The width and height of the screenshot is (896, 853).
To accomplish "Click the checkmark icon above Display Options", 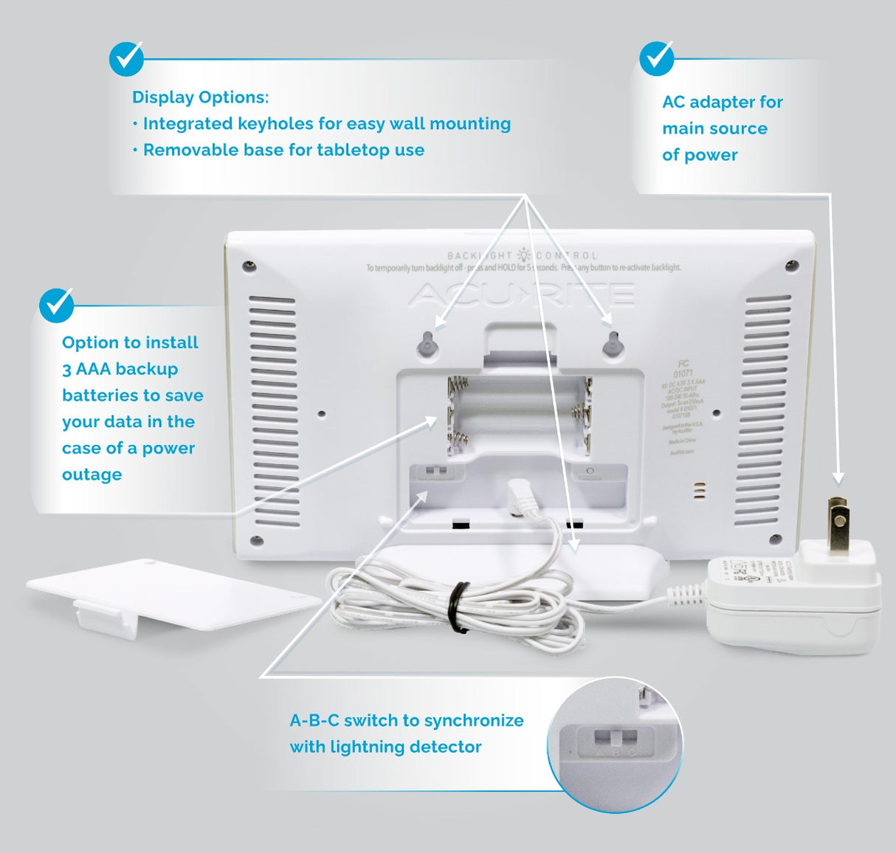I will [127, 58].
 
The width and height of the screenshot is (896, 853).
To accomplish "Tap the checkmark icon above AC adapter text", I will [656, 58].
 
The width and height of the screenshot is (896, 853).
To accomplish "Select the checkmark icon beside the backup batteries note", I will [57, 305].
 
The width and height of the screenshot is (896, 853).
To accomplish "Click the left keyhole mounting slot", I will [427, 344].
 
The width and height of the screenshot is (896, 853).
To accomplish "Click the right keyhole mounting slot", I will [612, 344].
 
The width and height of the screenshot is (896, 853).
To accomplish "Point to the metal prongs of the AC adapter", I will [838, 525].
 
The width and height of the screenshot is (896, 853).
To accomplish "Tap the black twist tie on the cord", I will [459, 607].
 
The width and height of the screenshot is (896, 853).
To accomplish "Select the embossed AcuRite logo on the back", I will [521, 295].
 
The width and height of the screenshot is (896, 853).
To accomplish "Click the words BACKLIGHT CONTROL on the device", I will [523, 255].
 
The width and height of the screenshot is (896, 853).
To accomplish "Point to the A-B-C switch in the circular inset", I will [616, 739].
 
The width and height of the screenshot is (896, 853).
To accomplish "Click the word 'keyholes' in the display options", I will [277, 124].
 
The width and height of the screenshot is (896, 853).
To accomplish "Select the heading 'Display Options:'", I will [200, 97].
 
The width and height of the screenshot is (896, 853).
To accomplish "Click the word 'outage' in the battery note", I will [92, 474].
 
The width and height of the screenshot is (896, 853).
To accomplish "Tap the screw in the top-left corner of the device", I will [249, 266].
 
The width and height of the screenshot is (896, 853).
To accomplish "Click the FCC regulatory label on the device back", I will [683, 406].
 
